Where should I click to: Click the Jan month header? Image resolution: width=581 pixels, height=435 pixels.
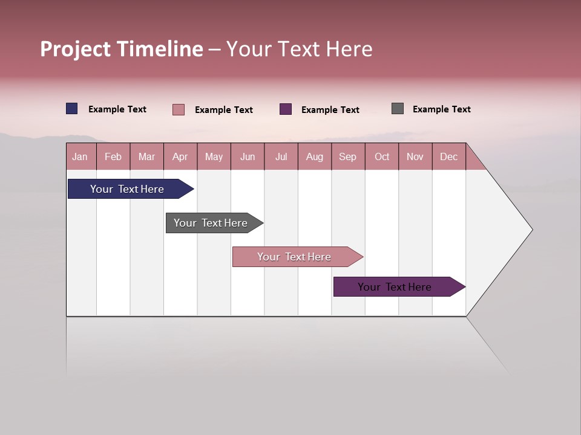(80, 156)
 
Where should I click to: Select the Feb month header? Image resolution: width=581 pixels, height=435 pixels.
(113, 156)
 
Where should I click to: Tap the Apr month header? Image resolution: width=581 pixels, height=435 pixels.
(180, 156)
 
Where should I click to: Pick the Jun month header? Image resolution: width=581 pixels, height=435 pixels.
(248, 156)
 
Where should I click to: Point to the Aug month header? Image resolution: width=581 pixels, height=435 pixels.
(314, 156)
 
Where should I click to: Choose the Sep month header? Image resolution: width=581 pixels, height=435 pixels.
(347, 156)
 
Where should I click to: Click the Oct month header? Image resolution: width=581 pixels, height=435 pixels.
(382, 156)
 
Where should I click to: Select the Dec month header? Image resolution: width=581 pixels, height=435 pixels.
(448, 156)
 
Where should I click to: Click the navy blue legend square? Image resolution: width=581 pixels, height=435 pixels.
(72, 109)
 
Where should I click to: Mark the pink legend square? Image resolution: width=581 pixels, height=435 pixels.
(179, 109)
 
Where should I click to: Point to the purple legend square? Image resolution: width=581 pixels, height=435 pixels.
(286, 109)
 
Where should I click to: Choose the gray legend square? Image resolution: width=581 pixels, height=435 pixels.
(398, 109)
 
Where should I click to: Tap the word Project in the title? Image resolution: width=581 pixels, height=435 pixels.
(76, 49)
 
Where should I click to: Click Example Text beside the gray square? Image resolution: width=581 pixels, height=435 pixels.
(441, 109)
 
